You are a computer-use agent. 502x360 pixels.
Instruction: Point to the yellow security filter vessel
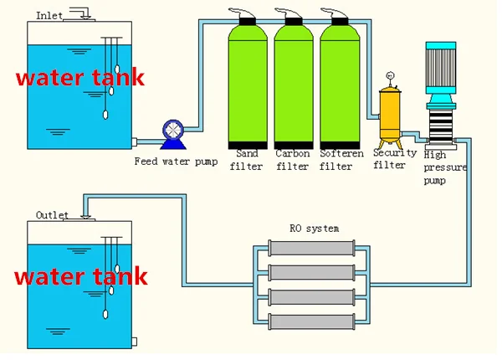(x=389, y=113)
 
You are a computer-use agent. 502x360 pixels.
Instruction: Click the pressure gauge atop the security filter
(x=389, y=78)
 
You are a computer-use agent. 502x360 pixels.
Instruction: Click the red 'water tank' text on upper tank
(x=81, y=79)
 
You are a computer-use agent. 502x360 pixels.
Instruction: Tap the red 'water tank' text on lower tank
(x=81, y=276)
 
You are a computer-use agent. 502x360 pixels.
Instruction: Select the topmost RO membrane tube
(x=312, y=248)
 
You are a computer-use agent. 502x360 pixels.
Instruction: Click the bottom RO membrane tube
(x=312, y=319)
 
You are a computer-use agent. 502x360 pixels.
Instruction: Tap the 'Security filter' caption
(x=389, y=159)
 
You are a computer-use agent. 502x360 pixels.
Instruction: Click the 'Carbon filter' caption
(x=292, y=160)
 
